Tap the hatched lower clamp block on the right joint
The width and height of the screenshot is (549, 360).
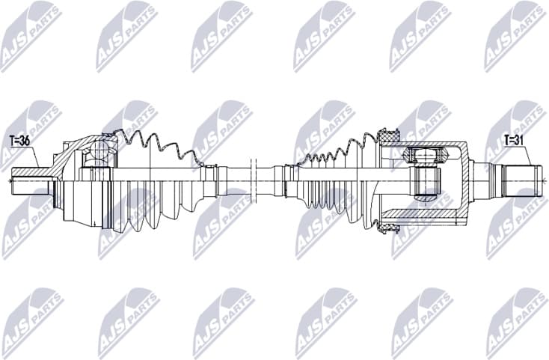[387, 222]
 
